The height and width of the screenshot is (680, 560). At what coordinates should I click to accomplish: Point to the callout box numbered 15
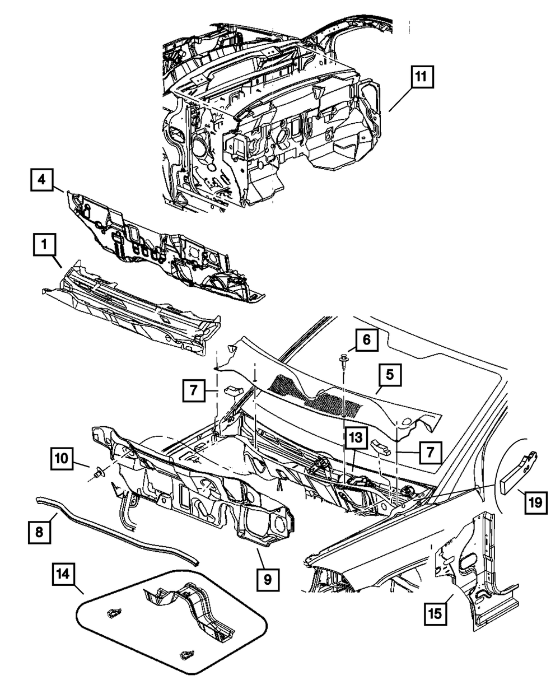pyautogui.click(x=435, y=612)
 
